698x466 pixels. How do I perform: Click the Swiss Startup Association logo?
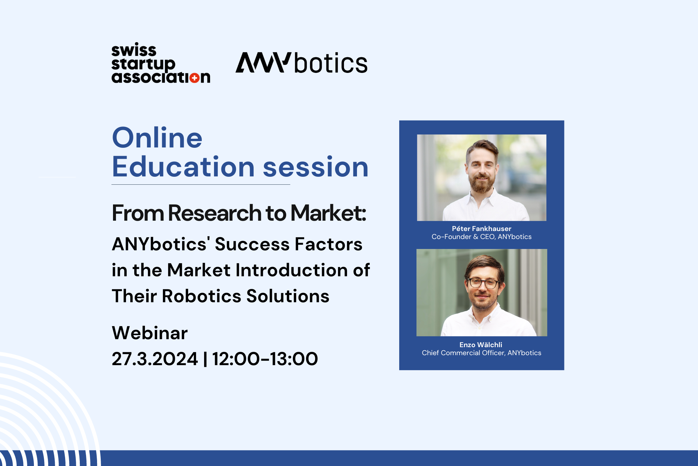click(161, 63)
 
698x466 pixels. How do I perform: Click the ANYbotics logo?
click(301, 63)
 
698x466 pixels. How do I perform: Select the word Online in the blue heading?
click(157, 138)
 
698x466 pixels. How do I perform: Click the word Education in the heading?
click(183, 167)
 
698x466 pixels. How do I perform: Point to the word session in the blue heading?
click(316, 167)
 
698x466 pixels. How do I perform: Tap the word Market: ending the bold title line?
click(328, 213)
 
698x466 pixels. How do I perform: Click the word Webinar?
click(150, 333)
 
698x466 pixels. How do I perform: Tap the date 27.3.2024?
click(155, 359)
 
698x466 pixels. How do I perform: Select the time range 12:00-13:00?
click(265, 359)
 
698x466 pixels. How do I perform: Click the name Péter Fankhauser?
click(482, 229)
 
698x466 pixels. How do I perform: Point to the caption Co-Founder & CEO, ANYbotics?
click(482, 237)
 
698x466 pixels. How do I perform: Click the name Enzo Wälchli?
click(481, 345)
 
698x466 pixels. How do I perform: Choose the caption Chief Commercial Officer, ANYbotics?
click(482, 353)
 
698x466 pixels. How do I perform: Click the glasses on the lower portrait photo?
click(483, 283)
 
